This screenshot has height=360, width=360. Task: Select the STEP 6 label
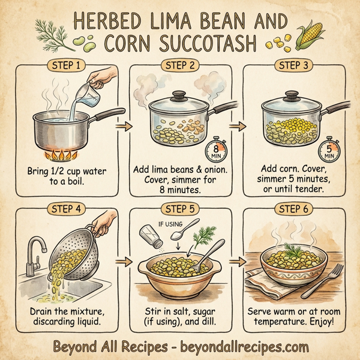[293, 209]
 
